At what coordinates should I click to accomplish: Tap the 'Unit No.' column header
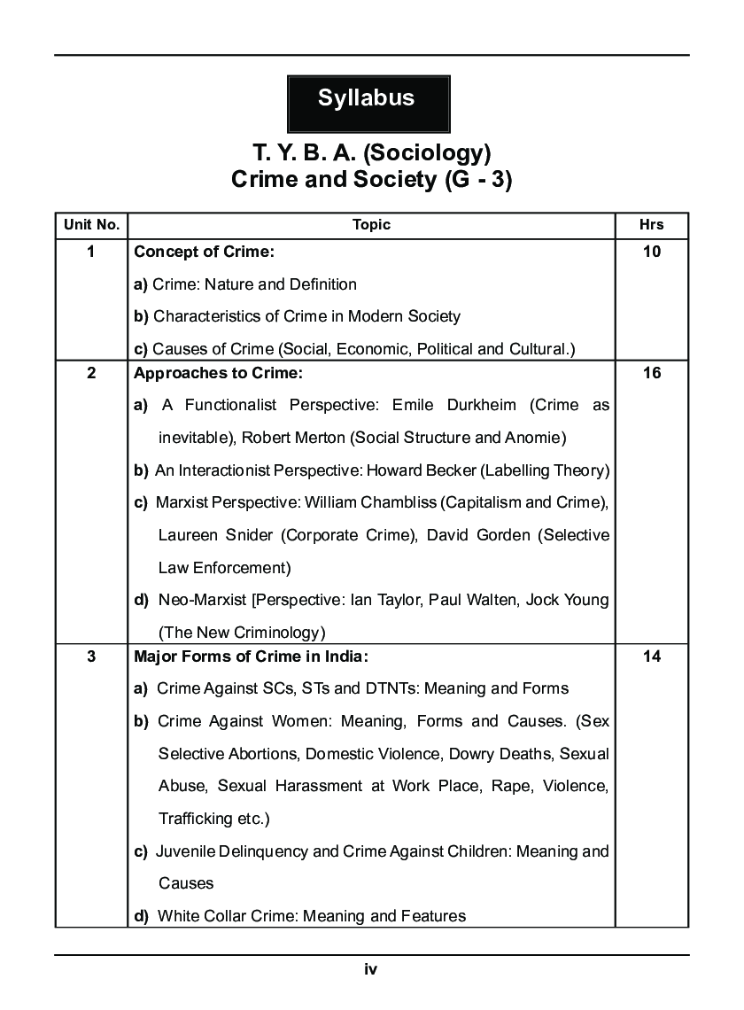(91, 225)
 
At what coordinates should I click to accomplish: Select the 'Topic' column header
(371, 225)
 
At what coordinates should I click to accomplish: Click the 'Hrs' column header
(651, 225)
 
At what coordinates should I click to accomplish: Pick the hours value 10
(651, 252)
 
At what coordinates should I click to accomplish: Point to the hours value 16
(651, 373)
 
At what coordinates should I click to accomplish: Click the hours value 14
(651, 656)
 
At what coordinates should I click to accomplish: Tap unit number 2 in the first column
(91, 373)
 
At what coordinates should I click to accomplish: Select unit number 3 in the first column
(91, 656)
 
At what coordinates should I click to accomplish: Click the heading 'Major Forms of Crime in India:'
(251, 656)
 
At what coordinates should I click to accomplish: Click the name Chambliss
(398, 502)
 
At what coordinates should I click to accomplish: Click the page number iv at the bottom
(371, 969)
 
